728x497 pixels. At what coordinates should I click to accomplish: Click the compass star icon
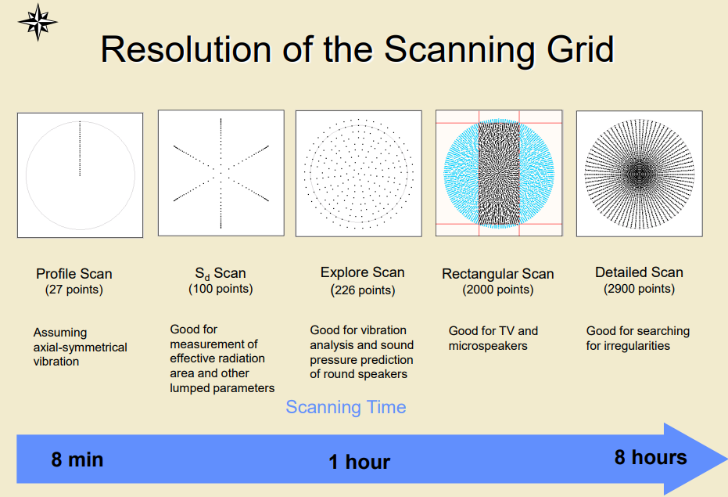coord(38,22)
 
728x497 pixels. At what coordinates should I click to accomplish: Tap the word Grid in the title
coord(580,49)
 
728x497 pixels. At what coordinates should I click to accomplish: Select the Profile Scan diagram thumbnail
coord(81,175)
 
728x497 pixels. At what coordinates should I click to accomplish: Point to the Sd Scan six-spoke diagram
coord(221,173)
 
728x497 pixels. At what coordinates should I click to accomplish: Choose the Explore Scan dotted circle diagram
coord(359,174)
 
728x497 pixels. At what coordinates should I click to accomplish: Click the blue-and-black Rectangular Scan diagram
coord(499,173)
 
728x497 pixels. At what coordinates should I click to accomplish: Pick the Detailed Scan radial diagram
coord(640,174)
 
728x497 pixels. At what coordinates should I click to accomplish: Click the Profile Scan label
coord(74,273)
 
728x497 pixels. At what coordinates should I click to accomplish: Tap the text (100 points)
coord(221,289)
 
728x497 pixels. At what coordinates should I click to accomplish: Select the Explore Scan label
coord(363,272)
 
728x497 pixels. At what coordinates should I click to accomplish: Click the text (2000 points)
coord(497,290)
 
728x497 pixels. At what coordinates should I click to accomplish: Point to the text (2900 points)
coord(640,289)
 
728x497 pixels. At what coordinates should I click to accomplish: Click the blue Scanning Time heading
coord(346,407)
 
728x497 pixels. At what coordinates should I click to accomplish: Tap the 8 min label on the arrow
coord(77,459)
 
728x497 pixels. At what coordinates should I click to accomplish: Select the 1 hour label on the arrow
coord(360,462)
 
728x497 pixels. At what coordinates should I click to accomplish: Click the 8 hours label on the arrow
coord(651,457)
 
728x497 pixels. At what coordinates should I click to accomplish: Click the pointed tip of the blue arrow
coord(726,459)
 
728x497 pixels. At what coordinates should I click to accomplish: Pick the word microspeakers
coord(488,346)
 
